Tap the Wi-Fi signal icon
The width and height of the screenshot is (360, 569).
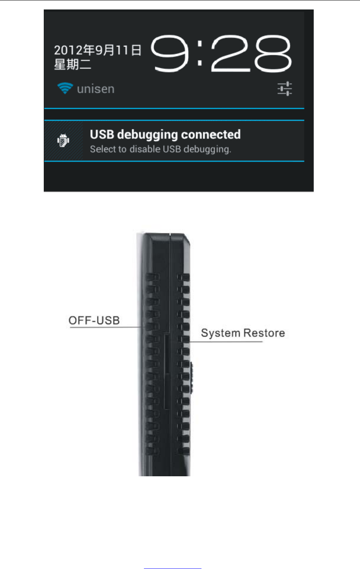click(65, 88)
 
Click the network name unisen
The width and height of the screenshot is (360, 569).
click(96, 89)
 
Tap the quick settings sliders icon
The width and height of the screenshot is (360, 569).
click(285, 89)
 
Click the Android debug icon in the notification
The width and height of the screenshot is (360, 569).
click(63, 140)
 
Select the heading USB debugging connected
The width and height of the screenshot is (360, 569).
click(165, 135)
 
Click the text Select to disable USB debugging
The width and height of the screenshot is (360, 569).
click(160, 149)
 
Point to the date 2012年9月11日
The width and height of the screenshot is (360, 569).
click(97, 50)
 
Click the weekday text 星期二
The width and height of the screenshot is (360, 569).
click(73, 64)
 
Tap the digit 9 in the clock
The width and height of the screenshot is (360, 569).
click(170, 54)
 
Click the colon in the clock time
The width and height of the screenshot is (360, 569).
click(200, 54)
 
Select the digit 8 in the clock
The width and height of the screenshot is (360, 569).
click(272, 54)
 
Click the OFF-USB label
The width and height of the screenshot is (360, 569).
click(94, 320)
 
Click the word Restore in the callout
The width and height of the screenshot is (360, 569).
click(264, 333)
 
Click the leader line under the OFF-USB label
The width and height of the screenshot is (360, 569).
click(106, 327)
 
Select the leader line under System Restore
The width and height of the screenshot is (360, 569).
click(226, 341)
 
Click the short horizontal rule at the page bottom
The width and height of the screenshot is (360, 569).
click(172, 569)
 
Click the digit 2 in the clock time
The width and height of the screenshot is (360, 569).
click(232, 54)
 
